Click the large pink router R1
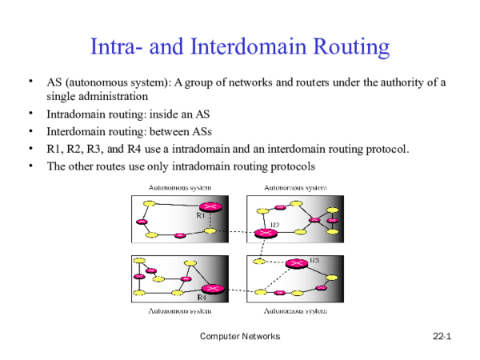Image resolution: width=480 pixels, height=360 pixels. (x=210, y=207)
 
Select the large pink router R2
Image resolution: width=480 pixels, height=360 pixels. (x=265, y=233)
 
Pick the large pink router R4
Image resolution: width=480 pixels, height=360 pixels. (x=212, y=289)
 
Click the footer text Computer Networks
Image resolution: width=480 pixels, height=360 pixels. (x=240, y=338)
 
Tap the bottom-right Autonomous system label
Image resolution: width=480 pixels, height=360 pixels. (x=295, y=310)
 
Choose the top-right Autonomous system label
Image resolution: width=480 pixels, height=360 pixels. (x=295, y=187)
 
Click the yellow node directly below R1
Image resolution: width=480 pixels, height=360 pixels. (x=210, y=230)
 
